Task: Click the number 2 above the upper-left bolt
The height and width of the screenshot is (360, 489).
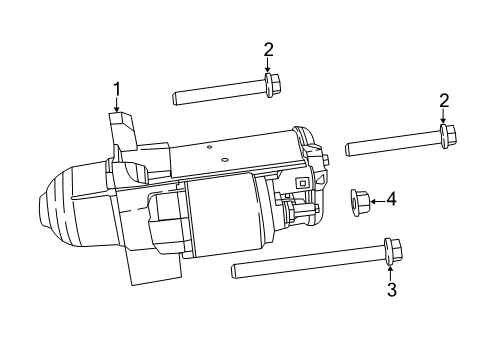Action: (268, 49)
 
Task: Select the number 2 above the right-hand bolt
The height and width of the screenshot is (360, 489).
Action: (444, 100)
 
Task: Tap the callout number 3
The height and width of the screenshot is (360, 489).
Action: (391, 289)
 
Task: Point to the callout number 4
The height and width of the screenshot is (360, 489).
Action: (391, 200)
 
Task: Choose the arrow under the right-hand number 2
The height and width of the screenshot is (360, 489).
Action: (444, 117)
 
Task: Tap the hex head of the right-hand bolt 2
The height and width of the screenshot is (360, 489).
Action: (448, 134)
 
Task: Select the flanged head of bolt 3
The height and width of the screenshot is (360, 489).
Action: (390, 251)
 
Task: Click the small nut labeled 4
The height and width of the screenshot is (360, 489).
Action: (359, 202)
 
